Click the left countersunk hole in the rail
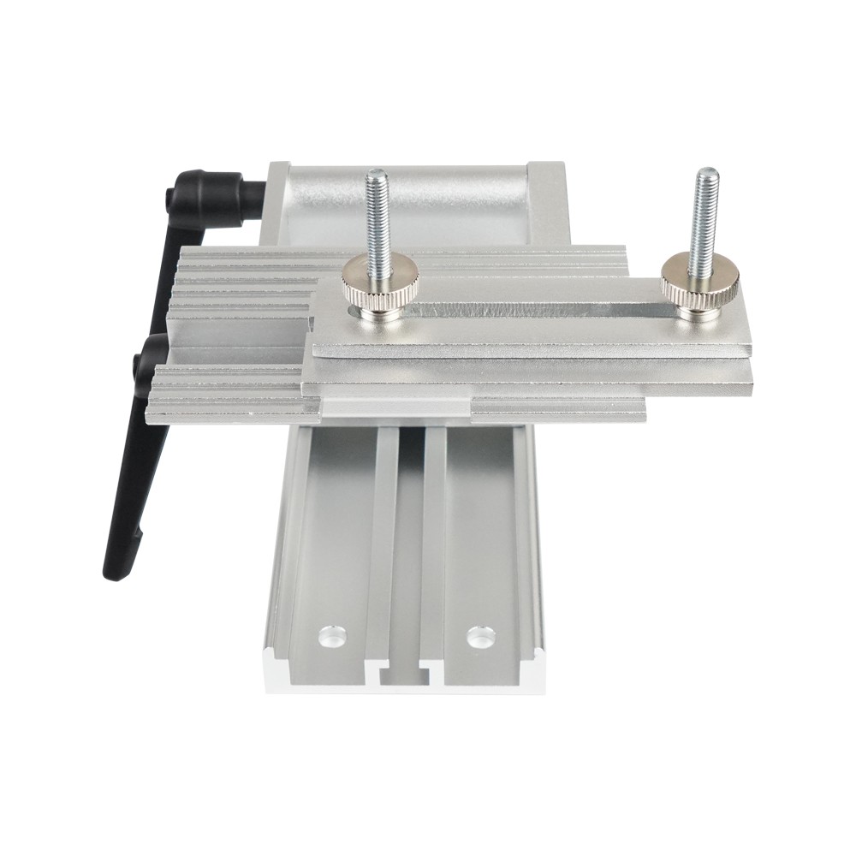tap(330, 637)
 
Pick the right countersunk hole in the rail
tap(480, 636)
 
